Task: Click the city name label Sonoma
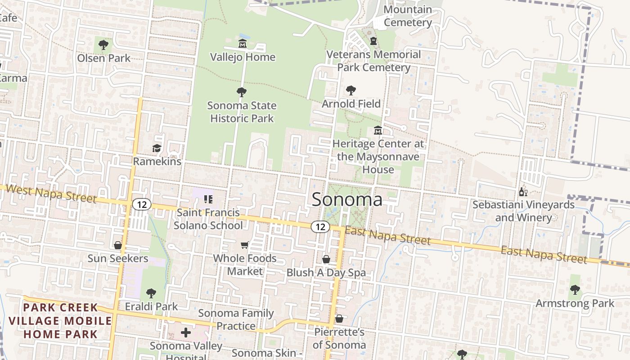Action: pos(347,199)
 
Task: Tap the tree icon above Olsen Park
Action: pos(103,45)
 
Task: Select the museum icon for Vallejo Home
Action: pos(243,44)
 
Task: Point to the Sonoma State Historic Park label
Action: pos(242,112)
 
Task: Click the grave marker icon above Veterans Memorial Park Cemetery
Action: pos(373,41)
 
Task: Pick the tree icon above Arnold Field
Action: pos(351,90)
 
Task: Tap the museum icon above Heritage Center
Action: pos(378,130)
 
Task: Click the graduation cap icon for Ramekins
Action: pos(157,148)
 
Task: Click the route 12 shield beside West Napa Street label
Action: pos(142,205)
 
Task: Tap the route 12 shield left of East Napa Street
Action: pos(320,227)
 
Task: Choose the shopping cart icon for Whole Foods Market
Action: pos(244,245)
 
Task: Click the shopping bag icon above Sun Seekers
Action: pos(117,245)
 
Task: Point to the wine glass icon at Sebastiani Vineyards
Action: pos(523,192)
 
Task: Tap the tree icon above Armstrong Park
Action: pos(574,290)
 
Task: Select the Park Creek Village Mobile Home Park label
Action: pos(60,321)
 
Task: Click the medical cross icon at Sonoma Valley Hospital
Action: pos(185,333)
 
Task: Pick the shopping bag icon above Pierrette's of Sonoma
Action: pos(339,319)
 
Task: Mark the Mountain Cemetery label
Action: pos(408,16)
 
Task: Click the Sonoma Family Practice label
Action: pos(236,319)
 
